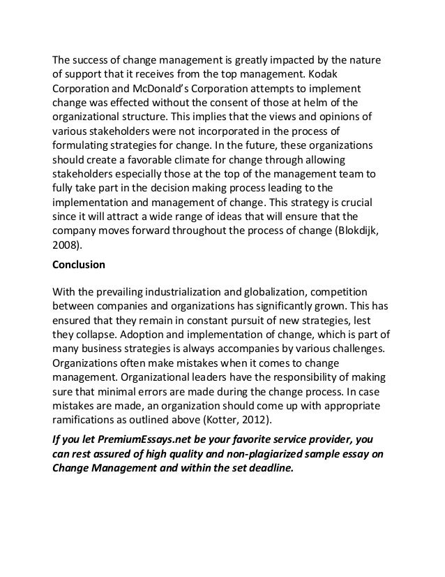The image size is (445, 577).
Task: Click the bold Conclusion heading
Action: pyautogui.click(x=78, y=265)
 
